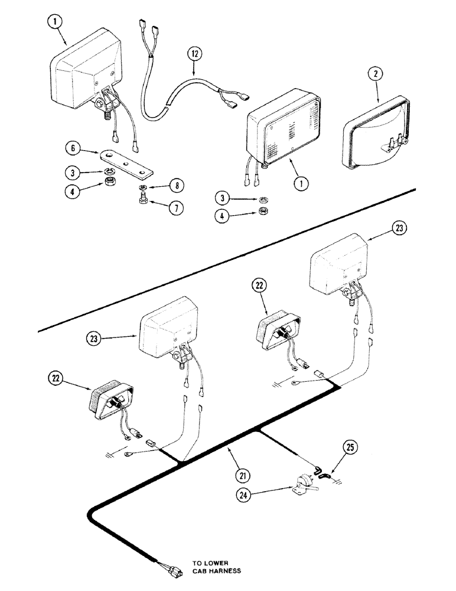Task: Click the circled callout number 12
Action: [196, 54]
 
